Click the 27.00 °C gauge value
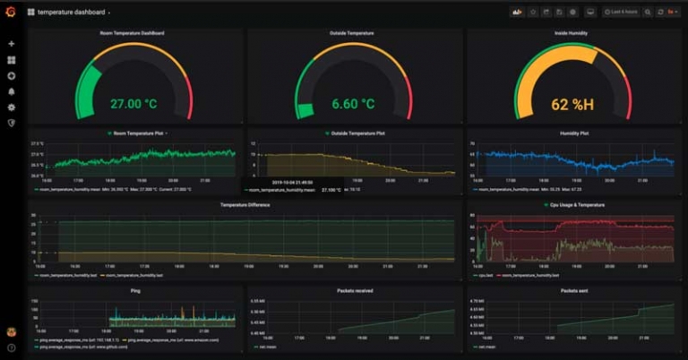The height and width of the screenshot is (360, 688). tap(133, 104)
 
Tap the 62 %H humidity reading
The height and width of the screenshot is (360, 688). tap(572, 105)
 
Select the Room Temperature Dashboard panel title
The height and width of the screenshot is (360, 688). tap(132, 33)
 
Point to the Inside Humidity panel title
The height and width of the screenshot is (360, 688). tap(572, 33)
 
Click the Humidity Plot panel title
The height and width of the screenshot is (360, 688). tap(572, 133)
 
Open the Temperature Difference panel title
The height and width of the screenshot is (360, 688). tap(245, 205)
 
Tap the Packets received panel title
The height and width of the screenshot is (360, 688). tap(356, 290)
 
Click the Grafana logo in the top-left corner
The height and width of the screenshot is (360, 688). tap(11, 13)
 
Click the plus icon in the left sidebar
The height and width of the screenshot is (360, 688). tap(11, 43)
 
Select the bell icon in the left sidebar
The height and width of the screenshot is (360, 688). tap(11, 91)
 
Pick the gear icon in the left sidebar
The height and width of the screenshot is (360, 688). tap(11, 107)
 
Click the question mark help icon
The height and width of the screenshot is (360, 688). tap(11, 347)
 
